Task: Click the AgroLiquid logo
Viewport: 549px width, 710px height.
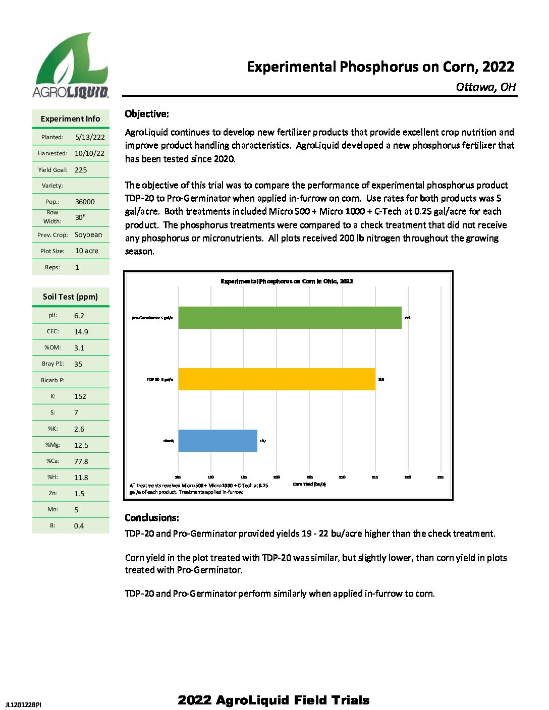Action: click(x=71, y=66)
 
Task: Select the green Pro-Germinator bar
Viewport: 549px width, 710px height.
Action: click(x=290, y=318)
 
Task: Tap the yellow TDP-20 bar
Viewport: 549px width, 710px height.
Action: click(x=277, y=379)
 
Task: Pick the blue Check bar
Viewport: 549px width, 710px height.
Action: click(x=217, y=441)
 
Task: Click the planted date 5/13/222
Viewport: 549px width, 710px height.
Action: click(x=90, y=137)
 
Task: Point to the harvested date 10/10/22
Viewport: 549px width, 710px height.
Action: click(x=89, y=153)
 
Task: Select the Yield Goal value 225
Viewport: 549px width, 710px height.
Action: click(x=81, y=170)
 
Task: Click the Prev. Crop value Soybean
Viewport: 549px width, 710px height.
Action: click(x=88, y=234)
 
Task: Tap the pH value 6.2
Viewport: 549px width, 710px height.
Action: click(x=79, y=316)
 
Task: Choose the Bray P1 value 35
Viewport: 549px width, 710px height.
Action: click(x=78, y=364)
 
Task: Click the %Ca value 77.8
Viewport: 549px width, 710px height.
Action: click(x=81, y=461)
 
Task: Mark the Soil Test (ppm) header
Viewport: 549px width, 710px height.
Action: click(x=70, y=297)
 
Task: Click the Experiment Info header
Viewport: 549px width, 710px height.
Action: click(x=70, y=119)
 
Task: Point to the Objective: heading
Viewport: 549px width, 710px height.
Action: click(x=147, y=114)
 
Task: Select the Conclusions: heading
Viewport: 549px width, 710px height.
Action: click(x=152, y=518)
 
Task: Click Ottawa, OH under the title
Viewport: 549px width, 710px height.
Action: click(x=485, y=87)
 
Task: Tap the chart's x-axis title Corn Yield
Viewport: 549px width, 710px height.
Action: click(x=309, y=484)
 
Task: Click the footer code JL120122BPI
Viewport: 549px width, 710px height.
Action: click(x=23, y=704)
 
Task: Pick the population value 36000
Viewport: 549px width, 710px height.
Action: click(x=85, y=202)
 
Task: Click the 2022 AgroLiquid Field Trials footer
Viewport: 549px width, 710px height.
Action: click(x=273, y=700)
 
